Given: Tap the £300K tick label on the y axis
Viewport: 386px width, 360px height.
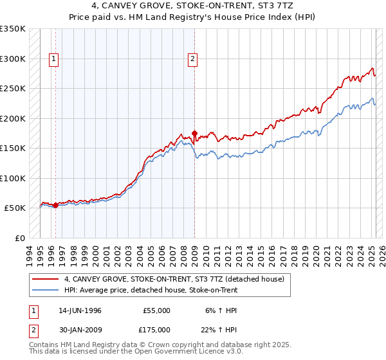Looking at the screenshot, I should coord(13,59).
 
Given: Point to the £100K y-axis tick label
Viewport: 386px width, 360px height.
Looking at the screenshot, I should coord(13,178).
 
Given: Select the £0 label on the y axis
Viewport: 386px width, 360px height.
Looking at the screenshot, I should coord(20,238).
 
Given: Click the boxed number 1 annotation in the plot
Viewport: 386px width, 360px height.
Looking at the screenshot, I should coord(53,59).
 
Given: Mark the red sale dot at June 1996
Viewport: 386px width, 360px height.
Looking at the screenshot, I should coord(55,205).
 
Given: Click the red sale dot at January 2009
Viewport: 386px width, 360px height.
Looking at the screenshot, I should coord(194,134).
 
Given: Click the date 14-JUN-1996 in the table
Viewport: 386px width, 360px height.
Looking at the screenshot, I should coord(80,310).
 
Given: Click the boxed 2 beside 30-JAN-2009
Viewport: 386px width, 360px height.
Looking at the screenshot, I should coord(32,329).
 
